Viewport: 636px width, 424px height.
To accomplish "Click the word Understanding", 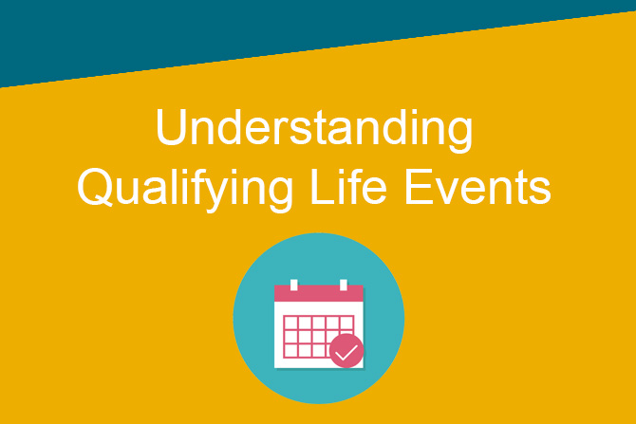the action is pos(314,130).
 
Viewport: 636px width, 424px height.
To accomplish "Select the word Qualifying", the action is pos(185,190).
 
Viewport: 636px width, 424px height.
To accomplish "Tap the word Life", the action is pos(348,186).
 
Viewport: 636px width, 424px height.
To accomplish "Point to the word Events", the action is pos(477,187).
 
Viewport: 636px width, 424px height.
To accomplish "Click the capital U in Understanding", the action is pos(171,126).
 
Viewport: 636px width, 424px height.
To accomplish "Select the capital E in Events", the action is pos(418,186).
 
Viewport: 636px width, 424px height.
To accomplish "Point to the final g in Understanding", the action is pos(459,136).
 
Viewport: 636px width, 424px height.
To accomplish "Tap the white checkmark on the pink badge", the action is pos(346,352).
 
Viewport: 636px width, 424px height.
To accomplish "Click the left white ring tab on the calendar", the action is pos(294,285).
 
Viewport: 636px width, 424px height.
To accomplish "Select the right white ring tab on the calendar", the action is pos(344,285).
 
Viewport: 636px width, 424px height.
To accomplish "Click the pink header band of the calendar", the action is pos(319,293).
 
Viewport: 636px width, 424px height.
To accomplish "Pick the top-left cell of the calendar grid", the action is pos(290,323).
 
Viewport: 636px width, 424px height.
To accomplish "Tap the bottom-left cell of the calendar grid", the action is pos(290,351).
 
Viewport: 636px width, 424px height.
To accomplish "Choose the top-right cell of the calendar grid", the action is pos(346,323).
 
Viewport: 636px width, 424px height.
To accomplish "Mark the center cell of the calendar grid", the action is pos(319,337).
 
